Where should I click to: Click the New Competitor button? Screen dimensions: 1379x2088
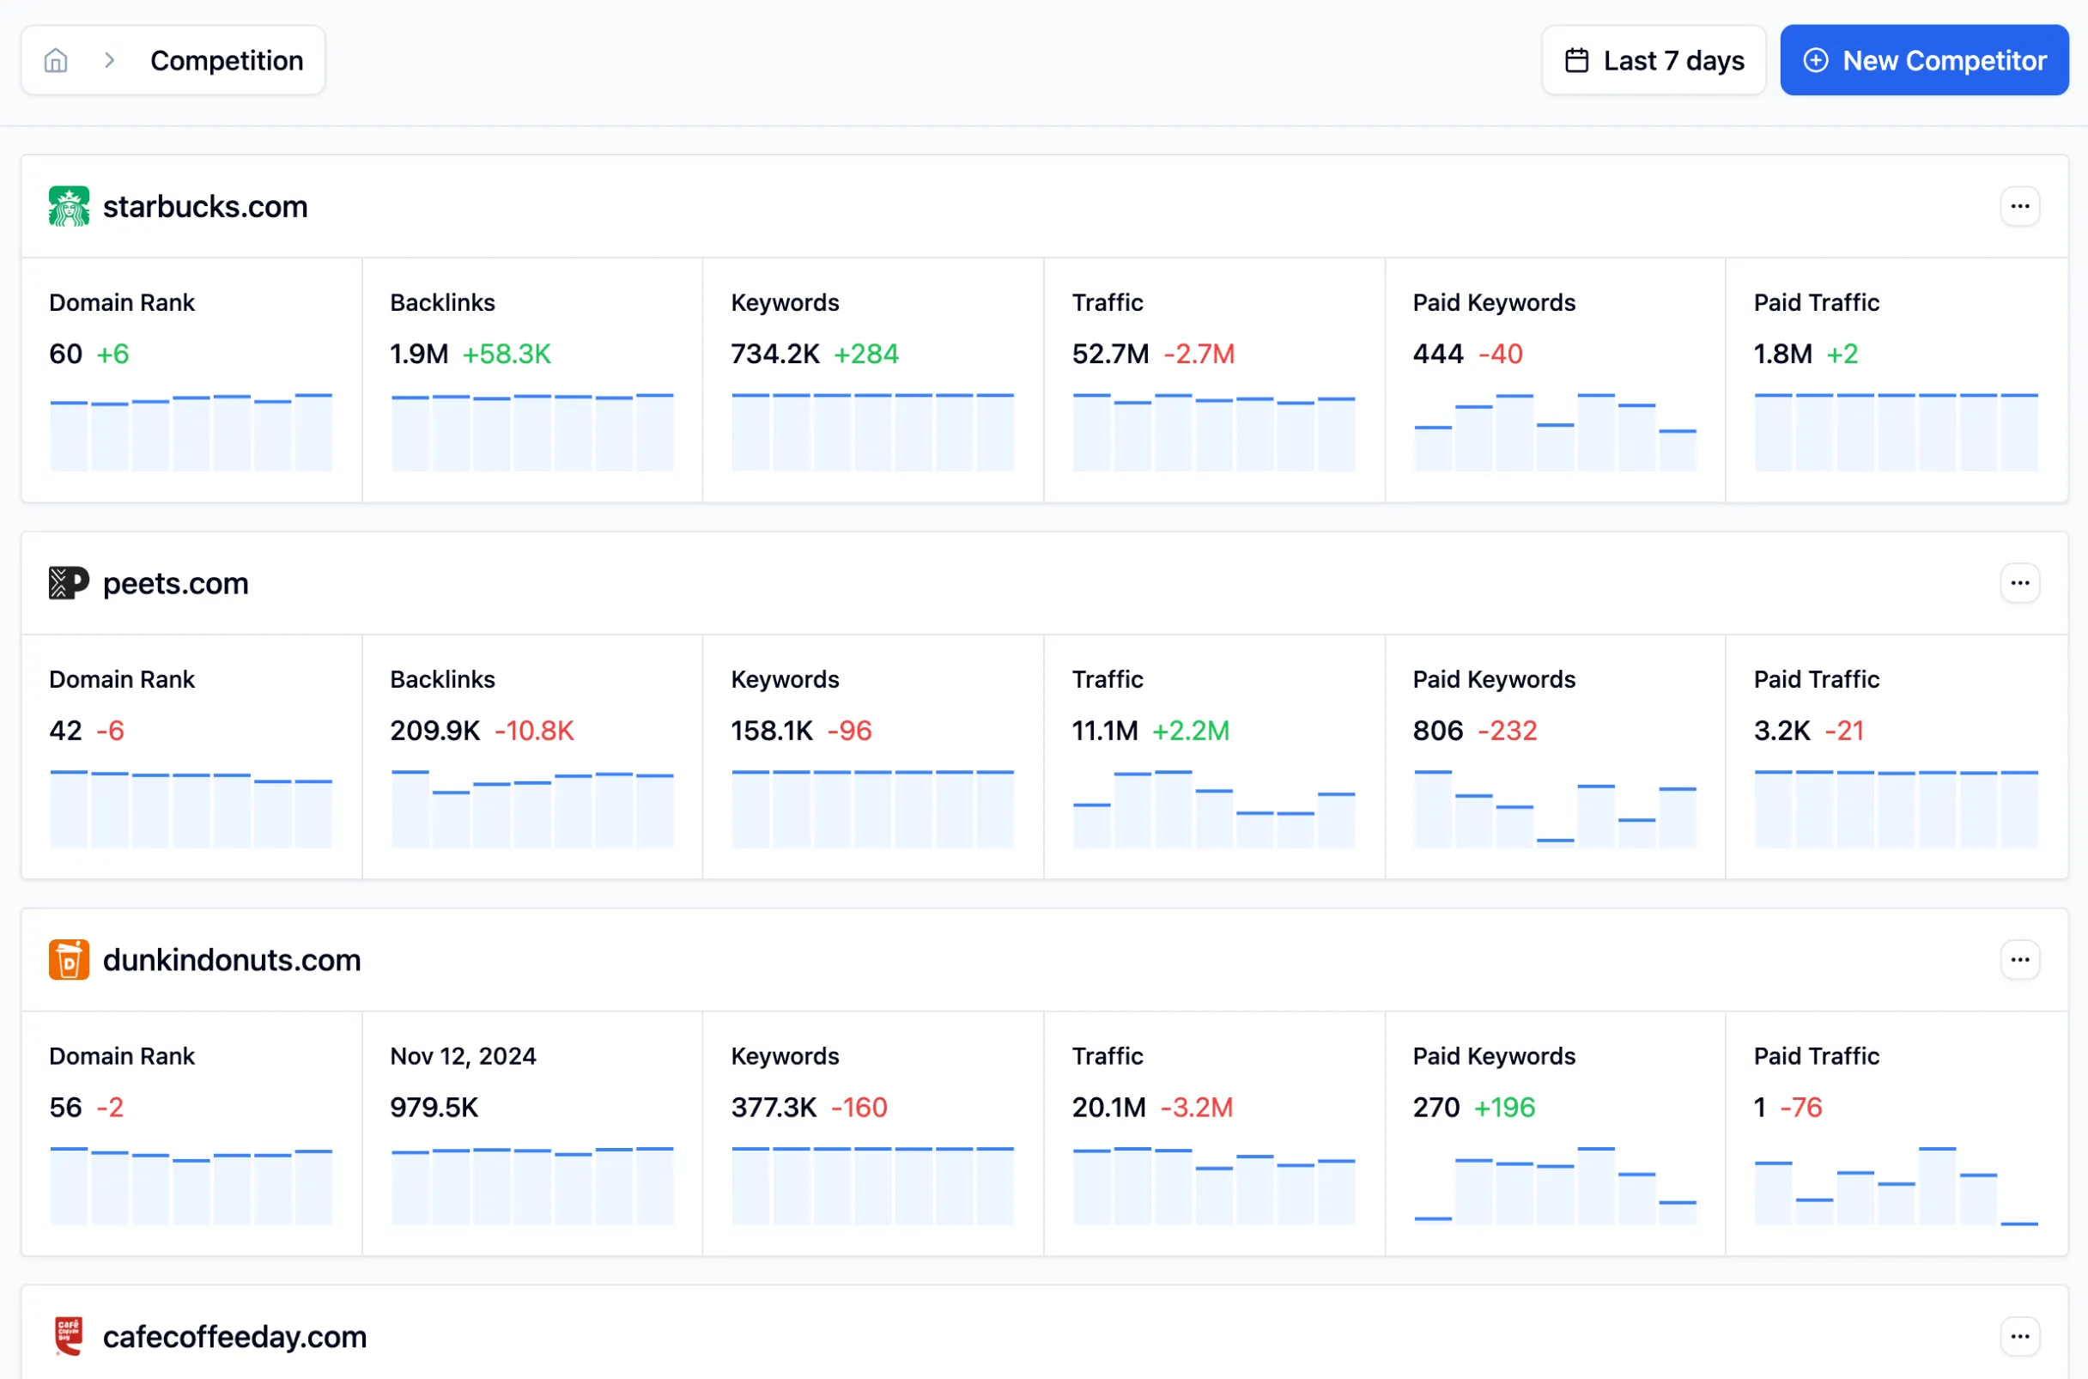coord(1924,61)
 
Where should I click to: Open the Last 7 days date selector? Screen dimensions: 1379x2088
coord(1653,61)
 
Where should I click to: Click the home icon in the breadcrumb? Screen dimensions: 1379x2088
coord(57,61)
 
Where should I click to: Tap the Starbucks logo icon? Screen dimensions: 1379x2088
coord(69,207)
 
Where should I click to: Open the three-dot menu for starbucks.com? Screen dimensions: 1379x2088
coord(2019,207)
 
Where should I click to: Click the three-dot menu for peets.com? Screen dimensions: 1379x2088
coord(2019,583)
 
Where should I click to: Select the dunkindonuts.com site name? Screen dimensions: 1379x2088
coord(232,959)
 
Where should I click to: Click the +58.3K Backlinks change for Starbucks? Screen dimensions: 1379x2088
coord(507,354)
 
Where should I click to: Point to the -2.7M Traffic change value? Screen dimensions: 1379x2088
coord(1199,354)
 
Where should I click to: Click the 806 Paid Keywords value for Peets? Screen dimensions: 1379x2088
coord(1437,730)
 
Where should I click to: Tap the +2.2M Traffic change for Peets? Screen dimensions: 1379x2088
coord(1190,730)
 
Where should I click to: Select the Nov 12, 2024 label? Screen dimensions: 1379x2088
coord(464,1055)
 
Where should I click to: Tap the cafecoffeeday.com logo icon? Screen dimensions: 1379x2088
coord(69,1336)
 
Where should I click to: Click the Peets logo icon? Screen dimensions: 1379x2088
coord(69,583)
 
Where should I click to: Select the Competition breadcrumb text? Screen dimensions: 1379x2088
coord(227,61)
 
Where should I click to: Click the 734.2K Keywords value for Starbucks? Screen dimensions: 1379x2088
coord(774,354)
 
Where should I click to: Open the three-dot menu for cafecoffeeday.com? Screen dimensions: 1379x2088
coord(2019,1336)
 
